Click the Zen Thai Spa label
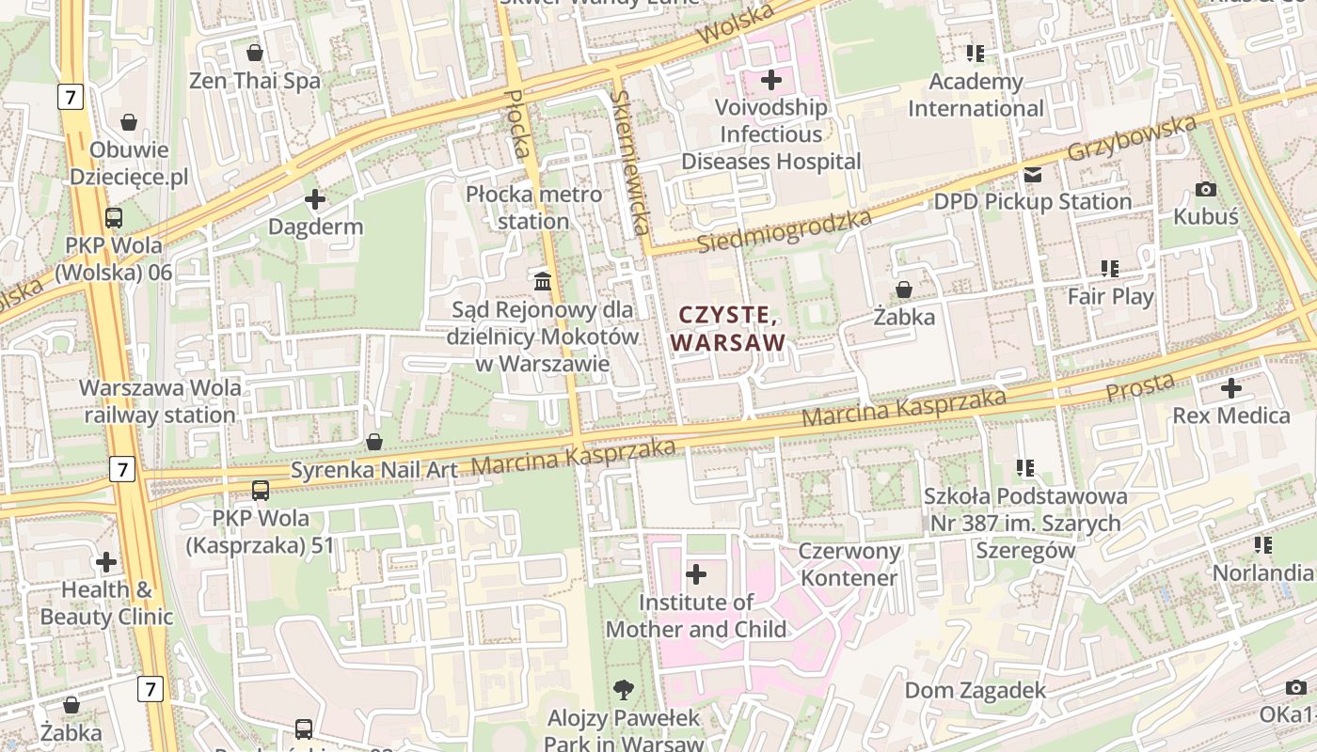255,81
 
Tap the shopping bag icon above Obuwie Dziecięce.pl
129,122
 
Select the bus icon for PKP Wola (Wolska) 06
114,218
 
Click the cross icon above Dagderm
315,199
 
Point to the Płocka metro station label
533,208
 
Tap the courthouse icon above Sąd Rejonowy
543,281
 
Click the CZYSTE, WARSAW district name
728,328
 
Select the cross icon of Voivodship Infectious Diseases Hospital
771,80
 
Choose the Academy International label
976,95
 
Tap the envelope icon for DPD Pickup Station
1033,175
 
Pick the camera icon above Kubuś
1205,190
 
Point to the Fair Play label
1110,296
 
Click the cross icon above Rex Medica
1230,388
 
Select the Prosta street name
1140,385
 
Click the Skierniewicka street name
629,162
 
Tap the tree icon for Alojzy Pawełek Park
623,691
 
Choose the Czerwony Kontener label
849,564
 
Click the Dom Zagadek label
975,691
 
